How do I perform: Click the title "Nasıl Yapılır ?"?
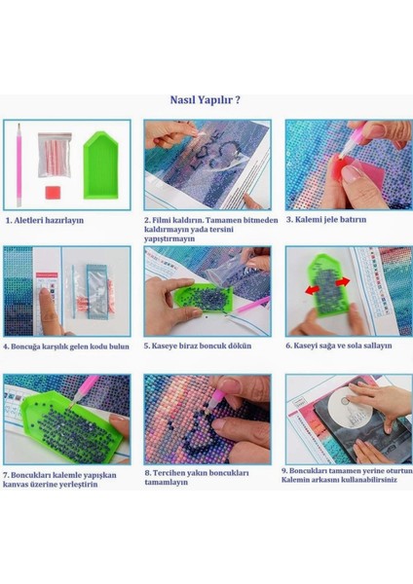pos(205,100)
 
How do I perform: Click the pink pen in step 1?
pos(19,165)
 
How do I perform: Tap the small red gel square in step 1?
pos(53,193)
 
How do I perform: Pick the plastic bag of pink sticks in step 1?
pos(55,155)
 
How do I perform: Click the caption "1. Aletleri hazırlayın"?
pos(45,220)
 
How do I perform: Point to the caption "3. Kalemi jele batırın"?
pos(326,219)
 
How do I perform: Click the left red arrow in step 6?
pos(313,290)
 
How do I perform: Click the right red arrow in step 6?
pos(343,282)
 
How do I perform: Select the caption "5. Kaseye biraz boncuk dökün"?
pos(198,346)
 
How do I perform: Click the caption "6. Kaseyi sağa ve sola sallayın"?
pos(338,346)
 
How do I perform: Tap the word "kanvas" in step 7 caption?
pos(15,485)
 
